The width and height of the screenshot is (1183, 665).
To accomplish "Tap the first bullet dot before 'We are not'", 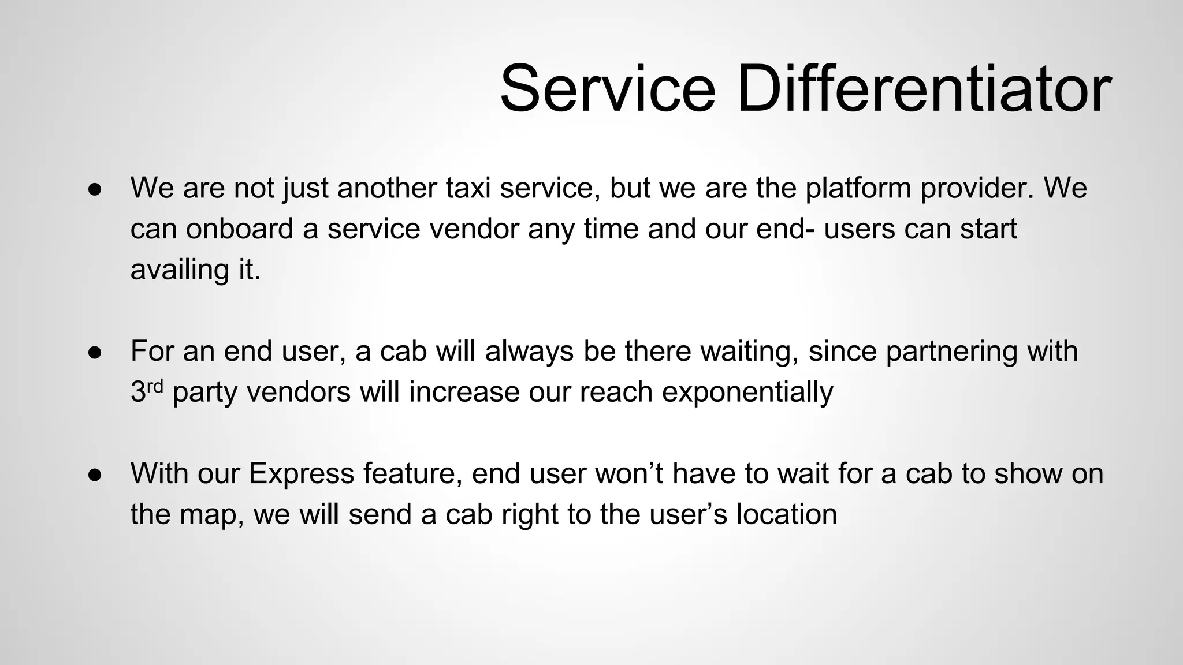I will [x=95, y=190].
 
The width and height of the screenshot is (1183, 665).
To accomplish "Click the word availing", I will [x=180, y=270].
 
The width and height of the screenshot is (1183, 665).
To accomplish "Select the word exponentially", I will [x=747, y=392].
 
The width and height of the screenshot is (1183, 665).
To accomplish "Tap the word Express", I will [x=301, y=473].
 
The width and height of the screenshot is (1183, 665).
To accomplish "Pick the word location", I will [x=786, y=514].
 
